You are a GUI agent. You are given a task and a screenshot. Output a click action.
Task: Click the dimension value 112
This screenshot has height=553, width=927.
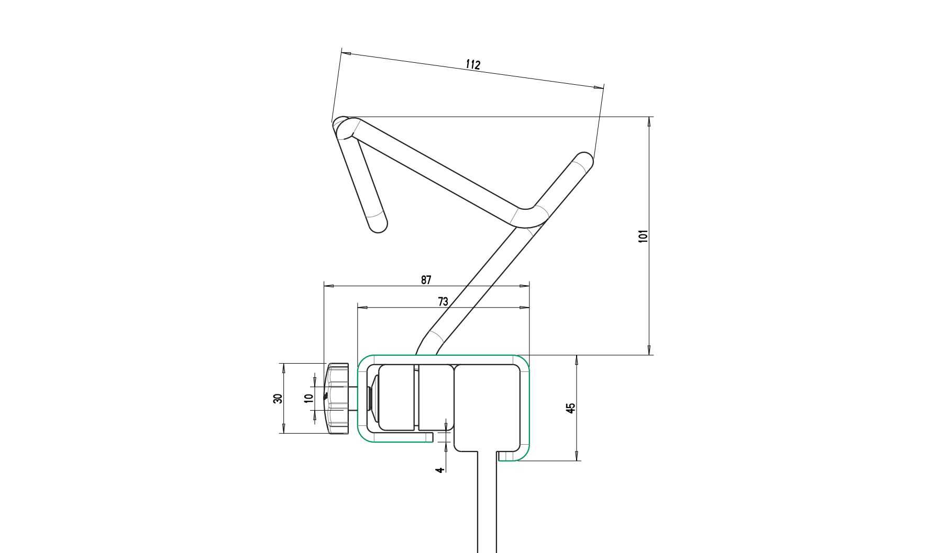tap(472, 64)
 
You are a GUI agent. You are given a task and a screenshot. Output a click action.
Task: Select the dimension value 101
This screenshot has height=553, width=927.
tap(644, 235)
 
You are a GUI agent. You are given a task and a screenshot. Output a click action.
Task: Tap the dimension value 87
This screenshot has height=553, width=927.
tap(426, 280)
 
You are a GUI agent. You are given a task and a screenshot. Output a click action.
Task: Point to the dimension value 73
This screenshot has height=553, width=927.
tap(443, 301)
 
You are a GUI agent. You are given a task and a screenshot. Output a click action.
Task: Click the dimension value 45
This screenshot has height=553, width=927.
tap(571, 408)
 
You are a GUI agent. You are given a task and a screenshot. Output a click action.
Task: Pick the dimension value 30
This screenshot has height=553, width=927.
tap(278, 398)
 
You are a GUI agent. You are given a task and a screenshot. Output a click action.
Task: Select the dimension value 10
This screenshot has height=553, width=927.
tap(308, 398)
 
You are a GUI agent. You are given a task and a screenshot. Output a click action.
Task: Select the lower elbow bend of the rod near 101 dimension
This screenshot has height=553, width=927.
tap(529, 218)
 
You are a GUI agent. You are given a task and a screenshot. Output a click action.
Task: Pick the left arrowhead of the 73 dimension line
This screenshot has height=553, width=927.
tap(362, 308)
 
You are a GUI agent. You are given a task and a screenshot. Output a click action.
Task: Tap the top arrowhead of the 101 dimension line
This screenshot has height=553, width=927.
tap(649, 121)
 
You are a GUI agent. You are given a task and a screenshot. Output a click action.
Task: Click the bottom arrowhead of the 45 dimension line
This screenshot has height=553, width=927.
tap(577, 456)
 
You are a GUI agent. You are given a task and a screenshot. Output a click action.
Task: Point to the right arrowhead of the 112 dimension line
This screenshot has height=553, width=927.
tap(598, 87)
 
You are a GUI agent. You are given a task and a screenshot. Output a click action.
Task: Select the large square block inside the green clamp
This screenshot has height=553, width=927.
tap(487, 408)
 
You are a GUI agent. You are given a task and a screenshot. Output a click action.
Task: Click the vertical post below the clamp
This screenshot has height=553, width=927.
tap(487, 502)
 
